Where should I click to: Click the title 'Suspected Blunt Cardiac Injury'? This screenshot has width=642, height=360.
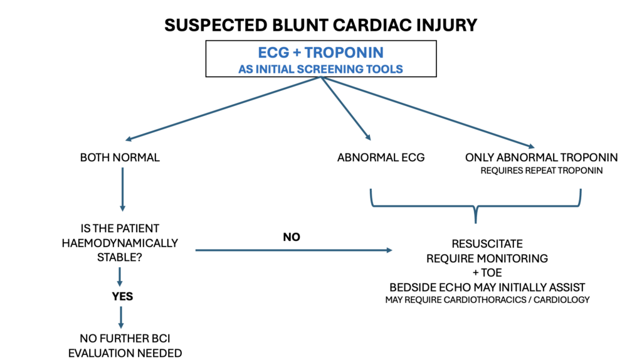pos(320,25)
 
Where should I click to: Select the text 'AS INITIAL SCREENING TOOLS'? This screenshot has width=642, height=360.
pos(320,69)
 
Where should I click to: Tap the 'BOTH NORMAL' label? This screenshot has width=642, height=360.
pos(120,157)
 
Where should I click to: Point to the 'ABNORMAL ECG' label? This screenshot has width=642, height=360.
pos(381,157)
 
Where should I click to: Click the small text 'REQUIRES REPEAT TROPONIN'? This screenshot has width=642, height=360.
pos(542,171)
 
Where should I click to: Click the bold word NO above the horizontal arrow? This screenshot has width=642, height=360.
pos(292,237)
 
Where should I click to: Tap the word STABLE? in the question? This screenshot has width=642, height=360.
pos(119,256)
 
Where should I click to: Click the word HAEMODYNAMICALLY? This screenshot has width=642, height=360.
pos(120,243)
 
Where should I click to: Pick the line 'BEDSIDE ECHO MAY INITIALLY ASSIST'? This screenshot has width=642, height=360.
pos(487,286)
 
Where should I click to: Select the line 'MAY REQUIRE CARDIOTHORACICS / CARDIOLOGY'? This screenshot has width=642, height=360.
pos(487,300)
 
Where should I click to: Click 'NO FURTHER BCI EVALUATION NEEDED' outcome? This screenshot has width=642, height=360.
pos(125,346)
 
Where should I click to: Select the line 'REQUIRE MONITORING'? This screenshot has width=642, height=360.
pos(487,258)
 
